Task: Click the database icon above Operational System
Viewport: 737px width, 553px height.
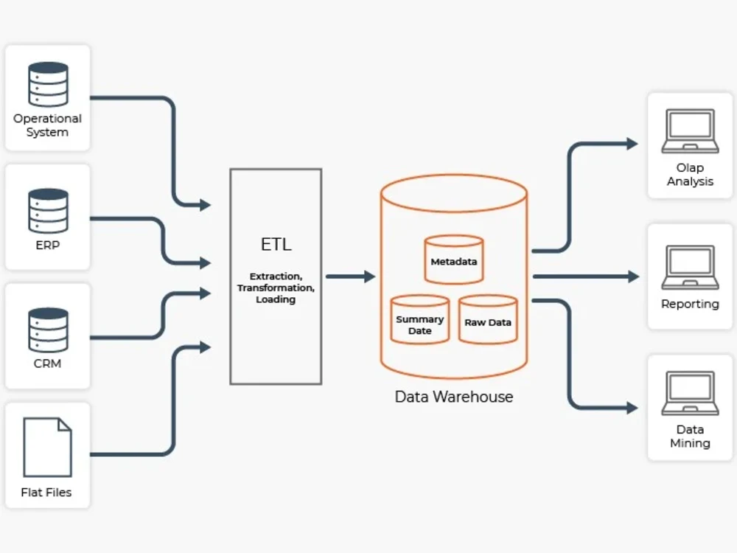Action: (48, 84)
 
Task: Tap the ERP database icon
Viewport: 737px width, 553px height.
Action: (48, 211)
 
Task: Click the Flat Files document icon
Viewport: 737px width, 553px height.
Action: (48, 447)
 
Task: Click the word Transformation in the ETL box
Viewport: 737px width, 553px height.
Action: (276, 288)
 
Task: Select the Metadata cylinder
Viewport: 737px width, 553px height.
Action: (454, 260)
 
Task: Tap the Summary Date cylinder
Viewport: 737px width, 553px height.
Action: (420, 321)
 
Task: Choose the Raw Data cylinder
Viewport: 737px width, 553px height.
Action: (488, 321)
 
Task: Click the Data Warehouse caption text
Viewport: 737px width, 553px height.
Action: (454, 397)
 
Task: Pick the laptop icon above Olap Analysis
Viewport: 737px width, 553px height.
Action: (690, 131)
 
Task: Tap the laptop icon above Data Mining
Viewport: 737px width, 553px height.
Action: (690, 393)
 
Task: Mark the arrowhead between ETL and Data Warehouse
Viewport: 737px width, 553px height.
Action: (370, 276)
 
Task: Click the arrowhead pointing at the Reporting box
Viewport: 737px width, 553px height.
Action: (633, 276)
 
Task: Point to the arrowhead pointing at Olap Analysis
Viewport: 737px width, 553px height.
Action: (632, 144)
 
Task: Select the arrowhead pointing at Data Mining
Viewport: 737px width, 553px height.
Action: (632, 408)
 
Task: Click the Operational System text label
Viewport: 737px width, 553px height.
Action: (48, 125)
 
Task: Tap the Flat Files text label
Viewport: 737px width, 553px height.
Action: (46, 493)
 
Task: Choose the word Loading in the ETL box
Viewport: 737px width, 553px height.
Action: (276, 299)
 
